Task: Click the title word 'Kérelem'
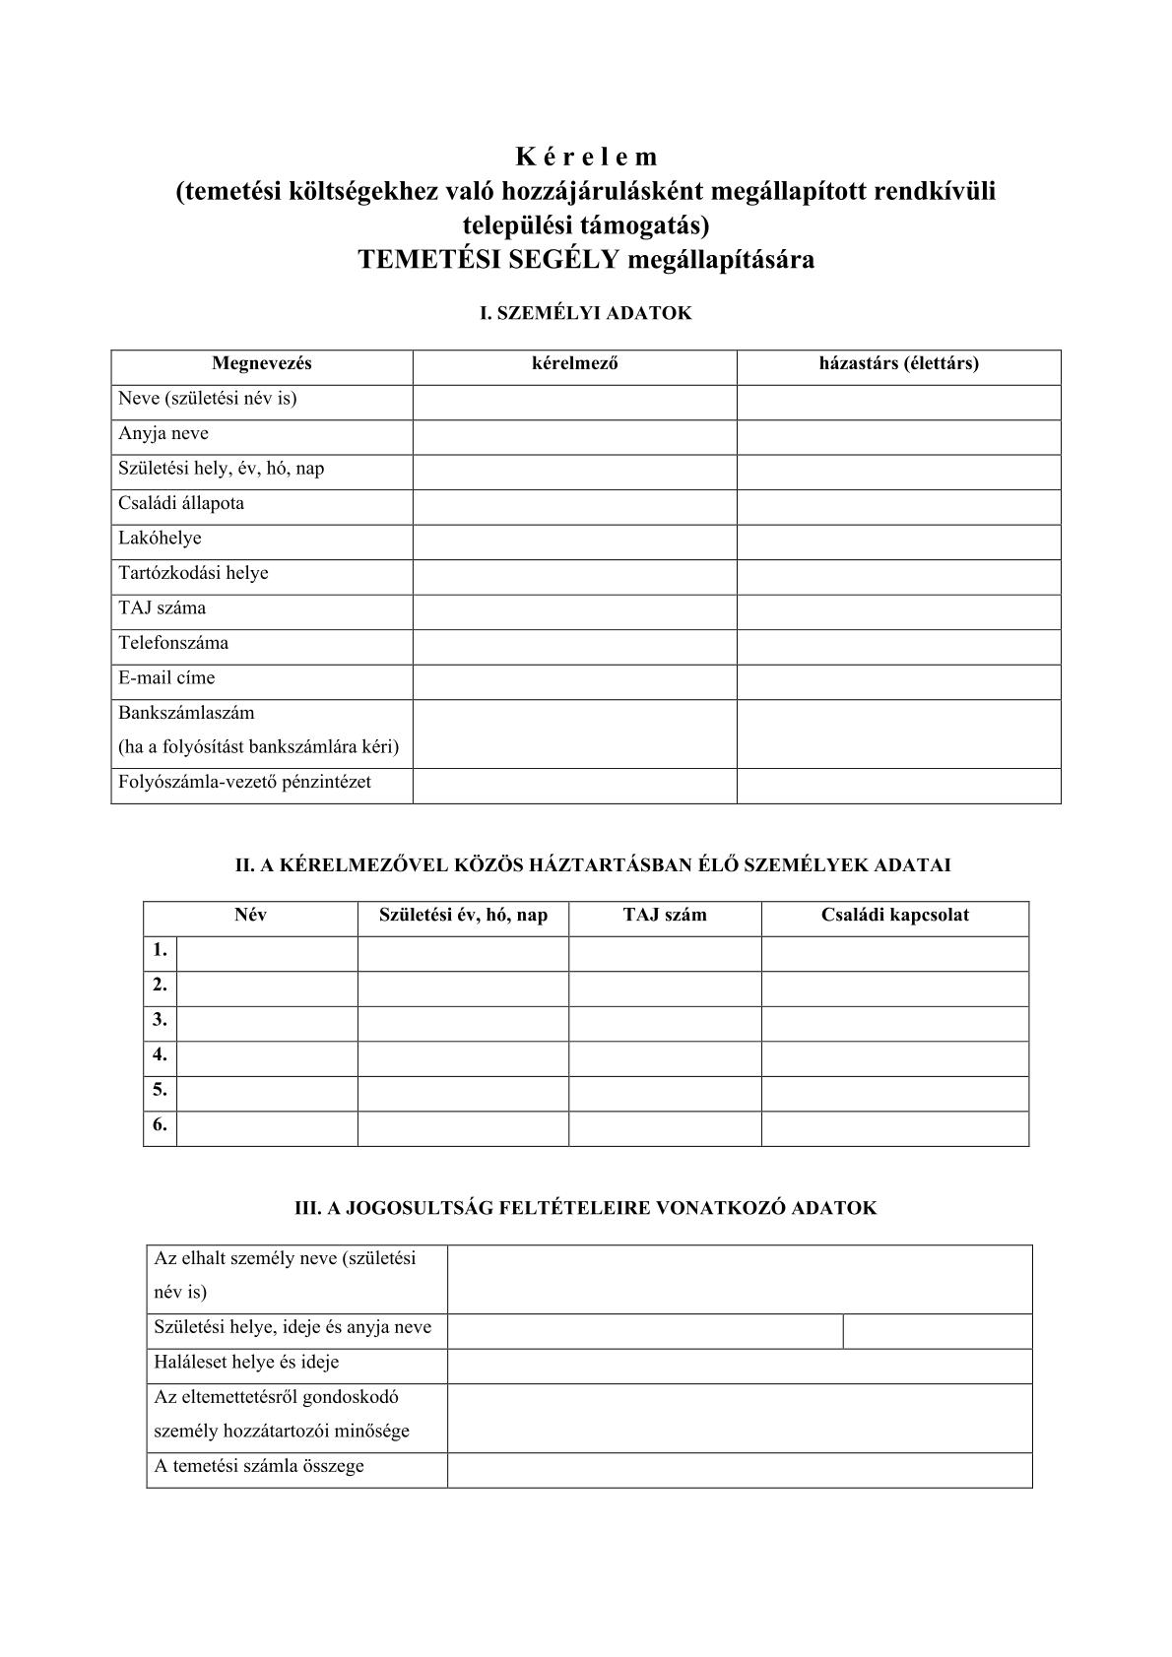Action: (x=586, y=157)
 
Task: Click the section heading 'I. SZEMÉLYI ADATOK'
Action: (x=585, y=313)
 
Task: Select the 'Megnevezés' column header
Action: (x=261, y=363)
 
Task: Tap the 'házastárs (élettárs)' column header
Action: (x=898, y=363)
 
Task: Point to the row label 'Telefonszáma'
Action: (x=173, y=644)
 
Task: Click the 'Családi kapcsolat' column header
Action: (x=894, y=916)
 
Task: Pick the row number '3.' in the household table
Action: (x=160, y=1020)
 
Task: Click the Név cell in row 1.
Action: (x=267, y=952)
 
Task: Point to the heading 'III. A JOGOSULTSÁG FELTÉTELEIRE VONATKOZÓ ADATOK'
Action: (x=586, y=1208)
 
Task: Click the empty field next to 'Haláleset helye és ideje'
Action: (x=740, y=1365)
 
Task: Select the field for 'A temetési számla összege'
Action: (x=740, y=1468)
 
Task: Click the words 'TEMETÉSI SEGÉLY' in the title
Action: (x=488, y=260)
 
